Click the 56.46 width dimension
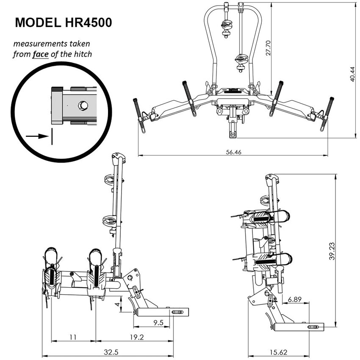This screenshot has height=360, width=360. click(233, 152)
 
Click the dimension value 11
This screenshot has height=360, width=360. click(73, 337)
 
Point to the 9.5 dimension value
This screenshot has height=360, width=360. click(158, 323)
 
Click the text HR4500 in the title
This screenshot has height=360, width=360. click(88, 22)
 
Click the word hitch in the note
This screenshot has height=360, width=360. click(82, 54)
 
